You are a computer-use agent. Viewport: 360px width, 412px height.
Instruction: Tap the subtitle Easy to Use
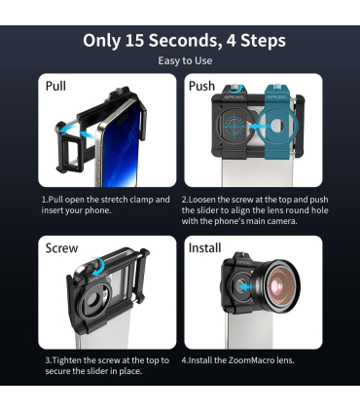click(185, 60)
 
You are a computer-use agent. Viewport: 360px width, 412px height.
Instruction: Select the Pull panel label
click(55, 86)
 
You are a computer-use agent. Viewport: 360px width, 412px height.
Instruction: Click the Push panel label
click(201, 86)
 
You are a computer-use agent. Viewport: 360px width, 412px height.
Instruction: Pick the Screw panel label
click(61, 248)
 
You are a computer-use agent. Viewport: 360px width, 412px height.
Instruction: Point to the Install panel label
click(205, 248)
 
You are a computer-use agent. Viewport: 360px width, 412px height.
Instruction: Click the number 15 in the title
click(134, 41)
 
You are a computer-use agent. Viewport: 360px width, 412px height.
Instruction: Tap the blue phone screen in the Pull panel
click(122, 146)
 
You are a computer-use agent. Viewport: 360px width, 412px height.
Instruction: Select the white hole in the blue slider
click(276, 126)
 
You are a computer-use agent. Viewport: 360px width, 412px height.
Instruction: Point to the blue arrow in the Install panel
click(245, 287)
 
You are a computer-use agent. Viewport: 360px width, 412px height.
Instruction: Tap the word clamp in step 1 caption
click(139, 200)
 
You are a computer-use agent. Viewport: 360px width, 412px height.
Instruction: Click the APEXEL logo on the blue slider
click(276, 97)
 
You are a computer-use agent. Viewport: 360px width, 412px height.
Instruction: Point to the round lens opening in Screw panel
click(93, 301)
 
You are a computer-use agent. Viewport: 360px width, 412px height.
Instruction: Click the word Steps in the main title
click(264, 41)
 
